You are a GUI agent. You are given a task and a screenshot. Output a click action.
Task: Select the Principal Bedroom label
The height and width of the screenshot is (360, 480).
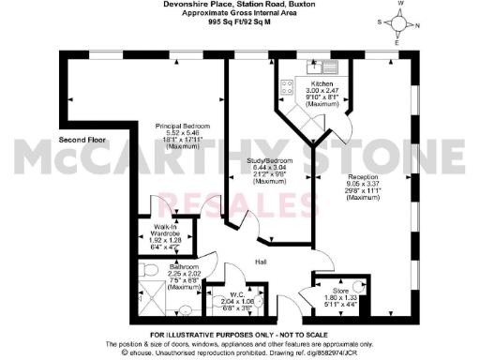[183, 126]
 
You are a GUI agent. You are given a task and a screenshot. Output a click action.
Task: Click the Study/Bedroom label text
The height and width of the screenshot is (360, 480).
[270, 160]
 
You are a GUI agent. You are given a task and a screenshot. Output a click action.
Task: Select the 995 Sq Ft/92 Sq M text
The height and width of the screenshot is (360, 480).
[240, 35]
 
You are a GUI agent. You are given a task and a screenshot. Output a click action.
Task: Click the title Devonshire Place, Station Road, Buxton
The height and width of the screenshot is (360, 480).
[240, 7]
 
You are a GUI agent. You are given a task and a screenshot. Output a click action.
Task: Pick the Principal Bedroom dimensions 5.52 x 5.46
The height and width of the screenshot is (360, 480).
[183, 134]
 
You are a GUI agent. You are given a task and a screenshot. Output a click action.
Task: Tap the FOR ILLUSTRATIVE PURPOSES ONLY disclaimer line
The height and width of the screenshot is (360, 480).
[240, 336]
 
